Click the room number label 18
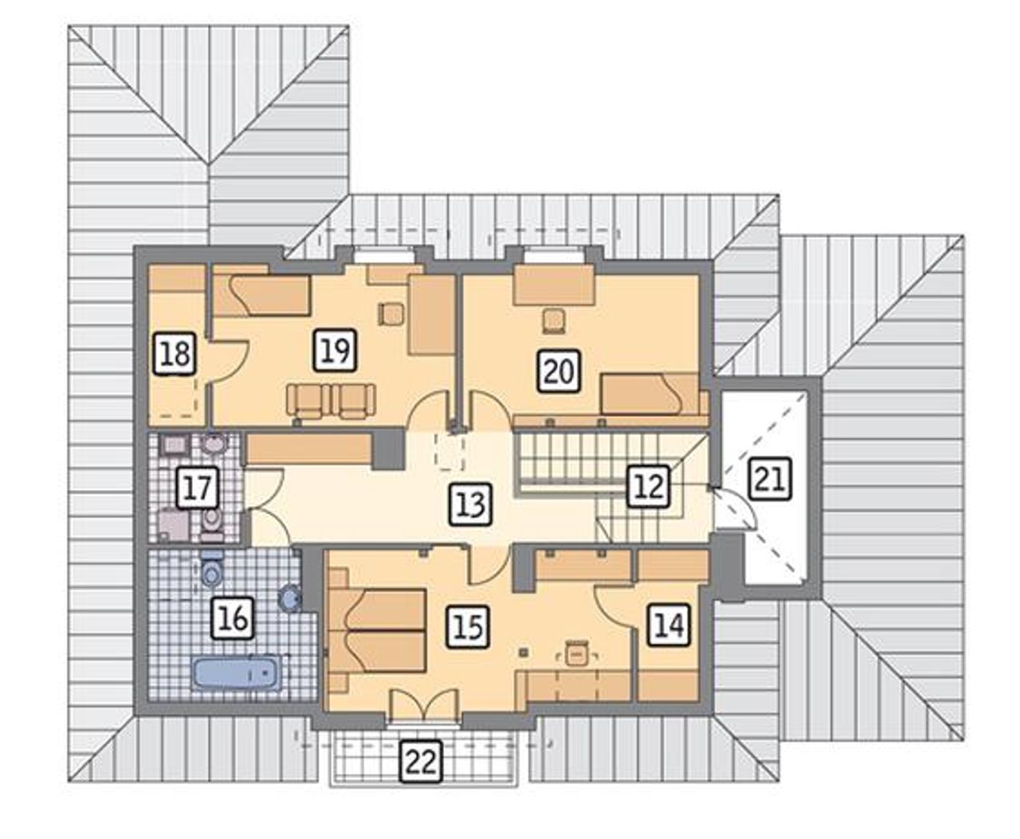coord(175,354)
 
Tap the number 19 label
coord(335,351)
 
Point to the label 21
coord(771,480)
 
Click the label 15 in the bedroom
coord(469,626)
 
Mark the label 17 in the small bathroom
coord(198,487)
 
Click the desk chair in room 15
coord(577,653)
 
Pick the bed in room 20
coord(649,394)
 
